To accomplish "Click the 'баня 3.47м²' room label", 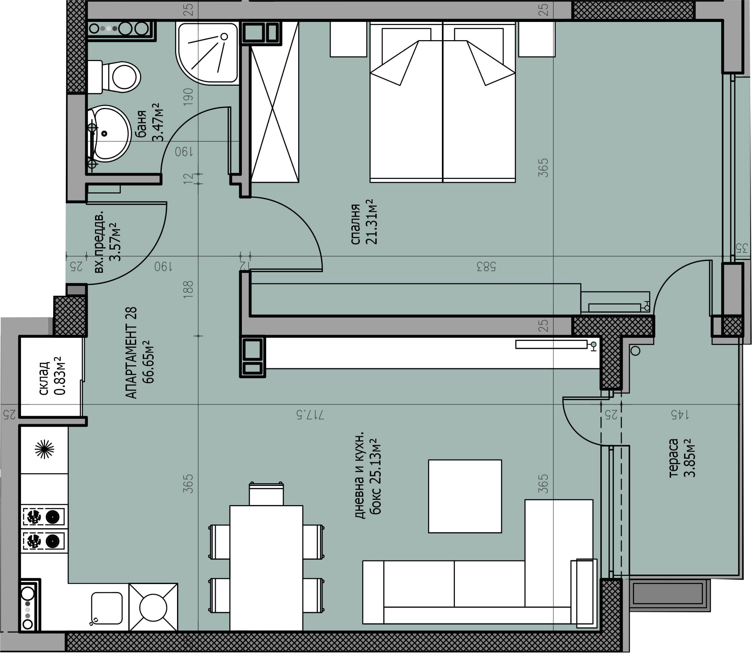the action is pyautogui.click(x=149, y=122).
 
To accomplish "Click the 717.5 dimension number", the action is pyautogui.click(x=310, y=415).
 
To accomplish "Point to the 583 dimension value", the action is pyautogui.click(x=486, y=267).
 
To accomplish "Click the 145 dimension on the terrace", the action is pyautogui.click(x=680, y=415).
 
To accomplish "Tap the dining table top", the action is pyautogui.click(x=266, y=568).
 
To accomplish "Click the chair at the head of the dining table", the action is pyautogui.click(x=266, y=494).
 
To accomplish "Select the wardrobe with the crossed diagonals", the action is pyautogui.click(x=275, y=102).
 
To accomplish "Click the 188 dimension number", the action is pyautogui.click(x=188, y=290).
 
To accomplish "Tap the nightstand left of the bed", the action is pyautogui.click(x=348, y=39).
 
